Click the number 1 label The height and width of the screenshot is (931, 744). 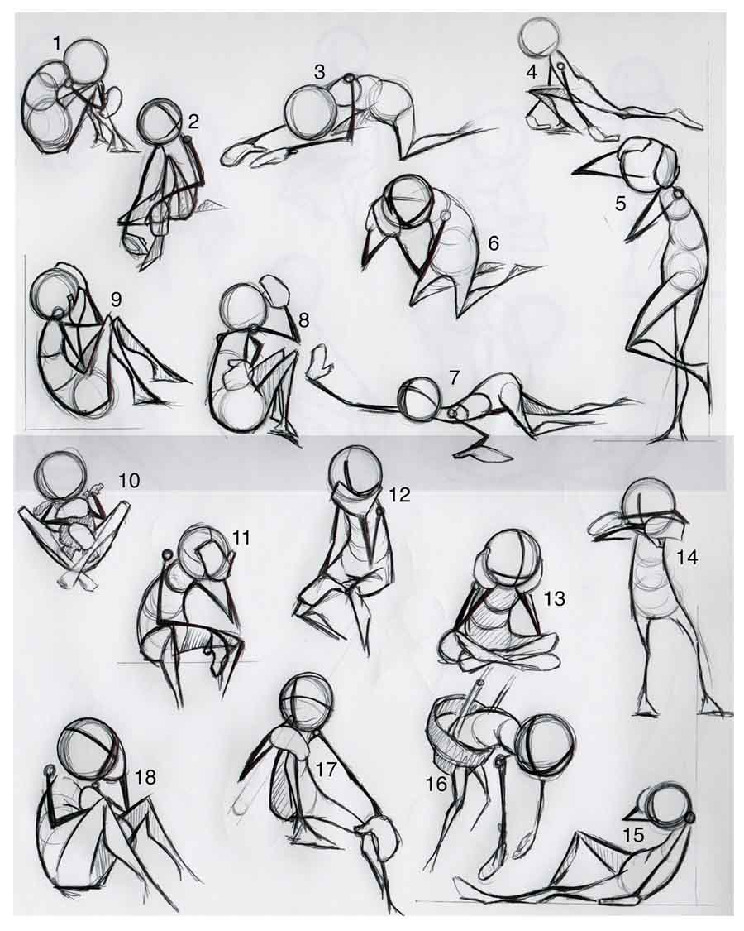[56, 42]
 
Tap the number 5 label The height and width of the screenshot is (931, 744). [621, 203]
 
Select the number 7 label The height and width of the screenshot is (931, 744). [454, 377]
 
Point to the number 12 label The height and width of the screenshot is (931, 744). [399, 495]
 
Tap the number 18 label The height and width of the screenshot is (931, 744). [145, 777]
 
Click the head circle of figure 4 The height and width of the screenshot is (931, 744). [541, 36]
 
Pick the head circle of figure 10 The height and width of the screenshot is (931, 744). [60, 476]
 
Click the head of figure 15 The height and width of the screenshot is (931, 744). [666, 807]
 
